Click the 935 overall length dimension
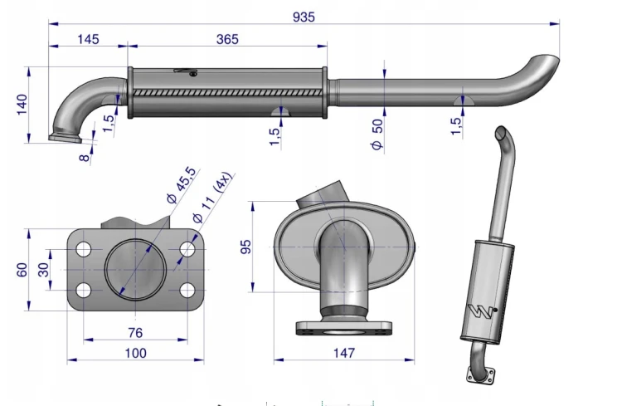click(x=304, y=17)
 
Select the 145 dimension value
click(x=88, y=39)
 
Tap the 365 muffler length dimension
click(x=227, y=39)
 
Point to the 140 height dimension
click(x=22, y=105)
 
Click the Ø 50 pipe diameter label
click(x=377, y=135)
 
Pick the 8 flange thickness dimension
click(x=85, y=158)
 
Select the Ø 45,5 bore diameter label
click(x=182, y=184)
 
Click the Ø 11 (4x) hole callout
click(x=211, y=198)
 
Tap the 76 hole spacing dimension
click(x=135, y=333)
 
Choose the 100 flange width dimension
click(x=135, y=353)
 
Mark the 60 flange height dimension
click(x=22, y=270)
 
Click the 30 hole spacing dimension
click(x=43, y=270)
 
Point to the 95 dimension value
click(x=246, y=247)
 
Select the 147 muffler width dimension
click(x=343, y=353)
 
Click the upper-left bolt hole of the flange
click(x=83, y=249)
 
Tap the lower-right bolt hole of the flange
click(x=187, y=291)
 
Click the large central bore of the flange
click(x=135, y=270)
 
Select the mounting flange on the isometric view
click(x=480, y=376)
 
